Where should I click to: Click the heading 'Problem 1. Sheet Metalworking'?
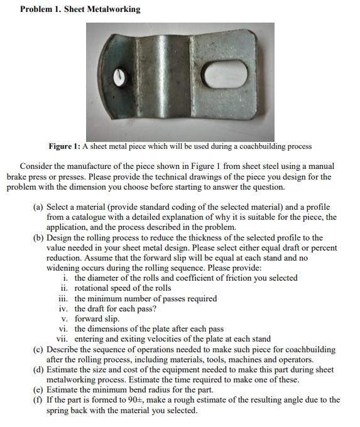point(79,9)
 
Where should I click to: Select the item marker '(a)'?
point(39,207)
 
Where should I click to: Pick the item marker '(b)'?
point(39,237)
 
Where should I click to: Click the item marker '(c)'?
point(39,349)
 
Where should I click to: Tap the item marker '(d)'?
point(39,369)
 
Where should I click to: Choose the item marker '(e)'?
point(39,389)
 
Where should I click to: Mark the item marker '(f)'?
point(39,399)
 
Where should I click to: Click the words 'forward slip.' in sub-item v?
point(97,318)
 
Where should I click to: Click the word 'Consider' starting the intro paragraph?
point(36,166)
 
